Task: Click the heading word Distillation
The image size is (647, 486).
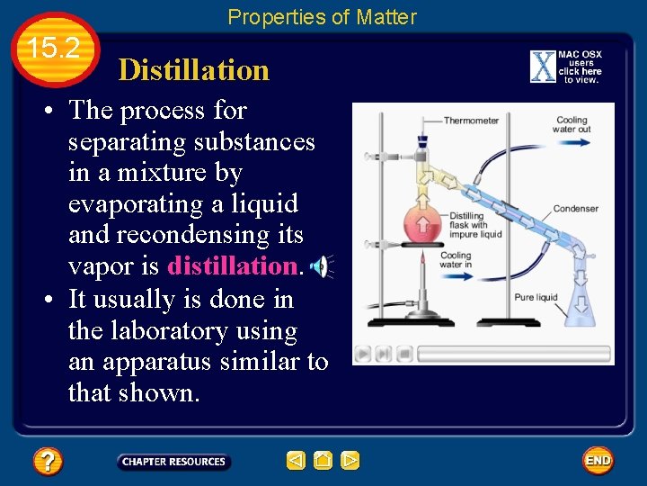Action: pyautogui.click(x=193, y=70)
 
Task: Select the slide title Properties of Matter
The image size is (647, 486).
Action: pyautogui.click(x=322, y=16)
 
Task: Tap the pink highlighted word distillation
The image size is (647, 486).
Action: pyautogui.click(x=232, y=266)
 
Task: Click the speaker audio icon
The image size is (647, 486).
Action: pyautogui.click(x=319, y=266)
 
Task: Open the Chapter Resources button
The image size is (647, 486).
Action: pyautogui.click(x=173, y=462)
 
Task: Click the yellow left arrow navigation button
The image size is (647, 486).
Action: pyautogui.click(x=296, y=461)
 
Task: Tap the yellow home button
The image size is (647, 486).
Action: pyautogui.click(x=323, y=461)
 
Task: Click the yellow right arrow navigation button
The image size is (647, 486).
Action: pyautogui.click(x=350, y=461)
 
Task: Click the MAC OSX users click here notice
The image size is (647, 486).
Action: pyautogui.click(x=567, y=67)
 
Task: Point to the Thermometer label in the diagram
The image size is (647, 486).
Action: pyautogui.click(x=471, y=121)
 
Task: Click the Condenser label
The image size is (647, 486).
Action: pyautogui.click(x=576, y=209)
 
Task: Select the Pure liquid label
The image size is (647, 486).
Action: pyautogui.click(x=536, y=297)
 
